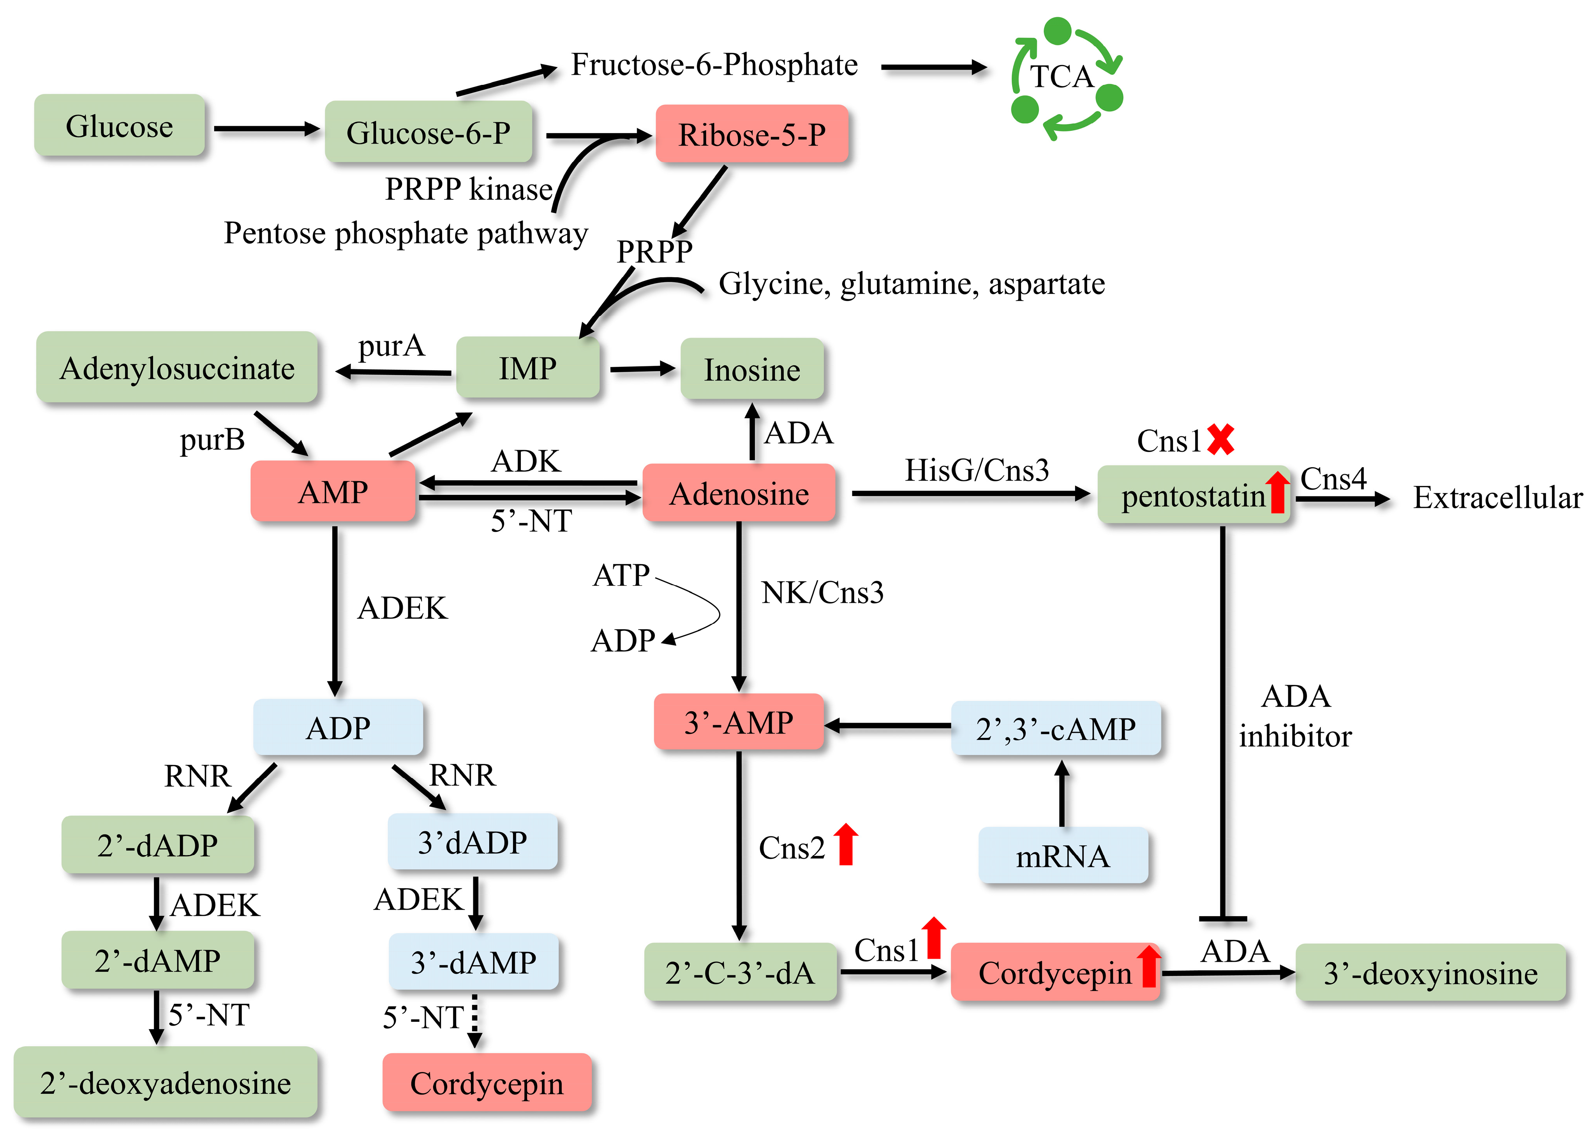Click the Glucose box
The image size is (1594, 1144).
[120, 126]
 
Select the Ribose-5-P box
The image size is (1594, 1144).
[751, 134]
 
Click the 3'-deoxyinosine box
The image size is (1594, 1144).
[1430, 973]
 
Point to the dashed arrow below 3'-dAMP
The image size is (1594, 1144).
[475, 1020]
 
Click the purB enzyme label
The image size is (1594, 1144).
[212, 440]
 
